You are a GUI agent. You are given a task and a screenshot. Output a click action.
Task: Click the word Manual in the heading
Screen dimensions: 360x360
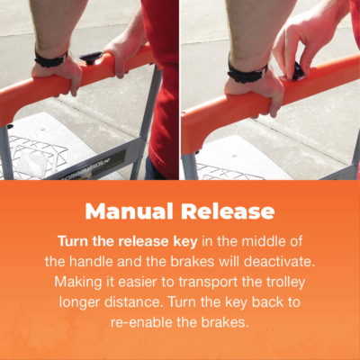click(130, 211)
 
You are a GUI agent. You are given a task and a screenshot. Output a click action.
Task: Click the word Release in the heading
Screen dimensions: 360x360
click(228, 211)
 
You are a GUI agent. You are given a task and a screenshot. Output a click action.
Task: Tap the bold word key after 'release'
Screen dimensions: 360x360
click(185, 242)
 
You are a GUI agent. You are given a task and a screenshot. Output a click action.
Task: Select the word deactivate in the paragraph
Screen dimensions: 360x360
click(279, 262)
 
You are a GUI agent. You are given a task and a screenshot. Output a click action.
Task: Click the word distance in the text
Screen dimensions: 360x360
click(131, 301)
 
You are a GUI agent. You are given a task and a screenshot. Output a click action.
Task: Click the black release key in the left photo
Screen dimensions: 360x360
click(91, 57)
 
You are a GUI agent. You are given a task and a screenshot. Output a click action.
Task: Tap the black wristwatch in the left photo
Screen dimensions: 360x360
click(50, 59)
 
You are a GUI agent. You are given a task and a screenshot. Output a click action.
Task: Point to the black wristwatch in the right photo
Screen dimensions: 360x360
click(247, 73)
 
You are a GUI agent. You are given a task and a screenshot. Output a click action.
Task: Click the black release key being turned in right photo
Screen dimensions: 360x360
click(297, 72)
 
